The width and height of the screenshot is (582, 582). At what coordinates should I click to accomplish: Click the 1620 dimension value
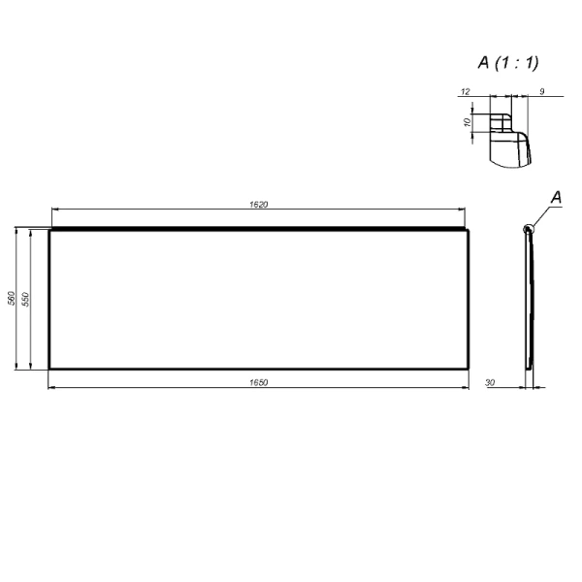(258, 205)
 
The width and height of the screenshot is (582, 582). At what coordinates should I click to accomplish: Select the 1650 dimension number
(258, 383)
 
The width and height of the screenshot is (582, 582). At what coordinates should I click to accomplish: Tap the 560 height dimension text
(11, 299)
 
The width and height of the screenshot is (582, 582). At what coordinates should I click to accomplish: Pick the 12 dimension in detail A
(467, 91)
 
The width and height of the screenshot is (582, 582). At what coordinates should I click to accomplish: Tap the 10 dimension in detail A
(468, 123)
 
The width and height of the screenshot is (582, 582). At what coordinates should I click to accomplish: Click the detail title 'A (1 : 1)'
(508, 62)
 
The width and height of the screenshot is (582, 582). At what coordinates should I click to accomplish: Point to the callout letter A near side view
(557, 197)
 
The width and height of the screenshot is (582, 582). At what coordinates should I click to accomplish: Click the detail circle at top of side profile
(528, 229)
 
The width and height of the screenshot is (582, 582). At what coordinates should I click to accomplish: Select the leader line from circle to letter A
(541, 215)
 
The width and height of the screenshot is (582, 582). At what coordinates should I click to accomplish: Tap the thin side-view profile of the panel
(531, 301)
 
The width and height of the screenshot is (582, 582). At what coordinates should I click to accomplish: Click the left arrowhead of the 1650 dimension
(51, 388)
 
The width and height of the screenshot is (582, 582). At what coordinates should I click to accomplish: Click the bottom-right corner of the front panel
(469, 369)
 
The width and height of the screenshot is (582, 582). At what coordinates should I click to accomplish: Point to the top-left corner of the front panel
(49, 230)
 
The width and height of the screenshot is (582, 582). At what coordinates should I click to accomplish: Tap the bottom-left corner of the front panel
(49, 369)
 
